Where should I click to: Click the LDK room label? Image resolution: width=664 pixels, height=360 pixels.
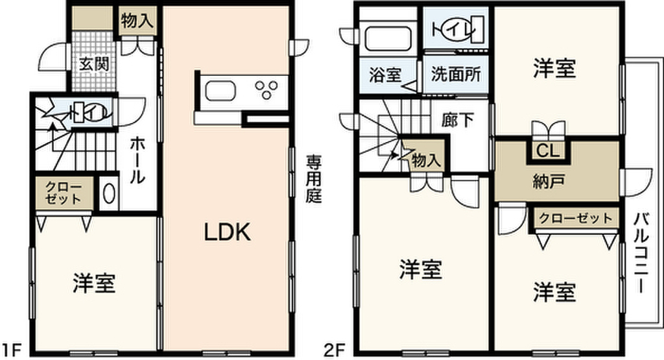pos(228,232)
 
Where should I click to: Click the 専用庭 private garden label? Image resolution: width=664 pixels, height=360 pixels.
pos(314,179)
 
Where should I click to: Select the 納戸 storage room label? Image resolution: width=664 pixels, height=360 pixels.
pos(549,181)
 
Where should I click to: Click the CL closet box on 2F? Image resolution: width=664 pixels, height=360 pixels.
pos(549,152)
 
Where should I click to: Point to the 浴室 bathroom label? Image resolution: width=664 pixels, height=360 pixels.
pos(385,75)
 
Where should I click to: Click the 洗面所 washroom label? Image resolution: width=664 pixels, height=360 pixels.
pos(456,75)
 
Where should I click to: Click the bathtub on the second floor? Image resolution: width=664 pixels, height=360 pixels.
pos(388,38)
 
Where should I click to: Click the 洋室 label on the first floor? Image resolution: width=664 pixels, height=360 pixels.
pos(94,283)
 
